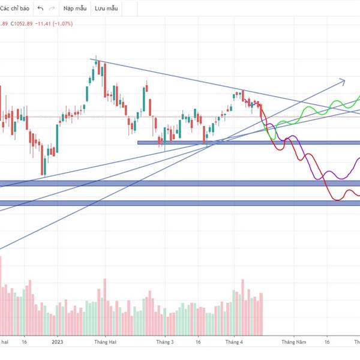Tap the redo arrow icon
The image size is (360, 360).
point(52,9)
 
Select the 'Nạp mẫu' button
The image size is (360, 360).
point(76,9)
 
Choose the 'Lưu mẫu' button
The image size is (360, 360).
point(106,9)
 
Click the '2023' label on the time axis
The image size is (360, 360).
point(57,342)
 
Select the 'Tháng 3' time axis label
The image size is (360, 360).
point(165,342)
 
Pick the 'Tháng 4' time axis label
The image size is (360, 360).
point(233,342)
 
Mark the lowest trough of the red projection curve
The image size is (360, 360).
point(338,199)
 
